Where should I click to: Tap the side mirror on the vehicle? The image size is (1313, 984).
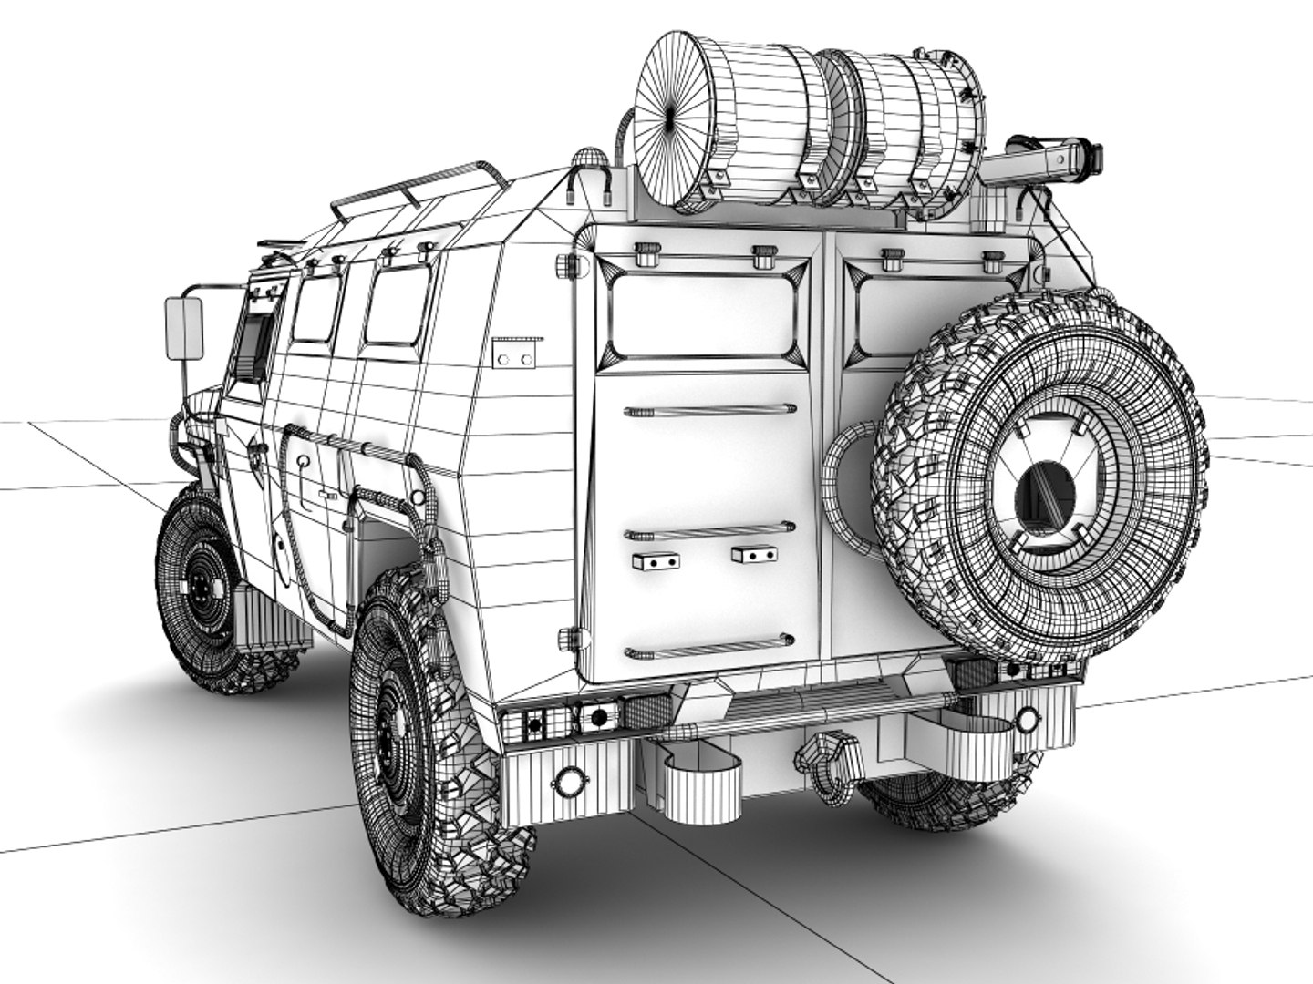(184, 329)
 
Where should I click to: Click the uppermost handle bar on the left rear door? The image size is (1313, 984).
(709, 409)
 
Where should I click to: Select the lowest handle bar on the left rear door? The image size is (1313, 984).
(709, 648)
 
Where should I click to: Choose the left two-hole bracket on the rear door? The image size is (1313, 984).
(655, 560)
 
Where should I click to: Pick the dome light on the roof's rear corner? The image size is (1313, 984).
(588, 159)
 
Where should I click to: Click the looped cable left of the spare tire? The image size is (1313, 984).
(844, 474)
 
